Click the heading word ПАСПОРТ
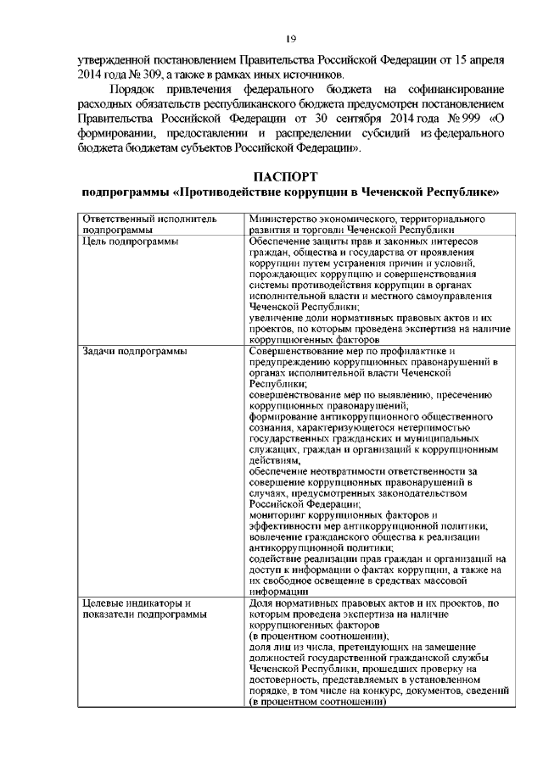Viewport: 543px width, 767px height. point(289,177)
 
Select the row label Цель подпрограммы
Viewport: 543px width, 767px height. point(129,242)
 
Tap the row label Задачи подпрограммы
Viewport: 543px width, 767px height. point(134,352)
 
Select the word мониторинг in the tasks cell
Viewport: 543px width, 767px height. point(279,514)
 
